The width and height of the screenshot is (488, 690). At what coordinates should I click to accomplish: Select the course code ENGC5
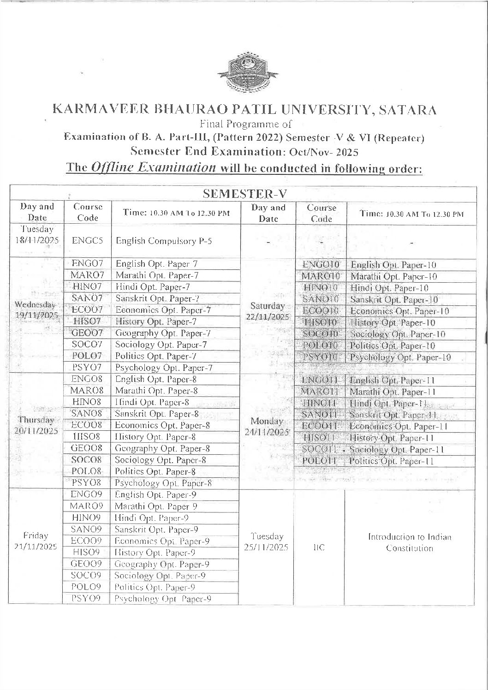(x=84, y=240)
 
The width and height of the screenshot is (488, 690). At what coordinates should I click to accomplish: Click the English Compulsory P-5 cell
(x=164, y=241)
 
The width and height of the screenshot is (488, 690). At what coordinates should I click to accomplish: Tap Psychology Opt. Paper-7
(x=164, y=368)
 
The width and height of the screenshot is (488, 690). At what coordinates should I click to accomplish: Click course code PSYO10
(x=321, y=357)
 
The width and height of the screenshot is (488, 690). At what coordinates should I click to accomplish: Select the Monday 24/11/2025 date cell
(x=267, y=427)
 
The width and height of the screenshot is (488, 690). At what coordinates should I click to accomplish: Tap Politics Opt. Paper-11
(x=391, y=461)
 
